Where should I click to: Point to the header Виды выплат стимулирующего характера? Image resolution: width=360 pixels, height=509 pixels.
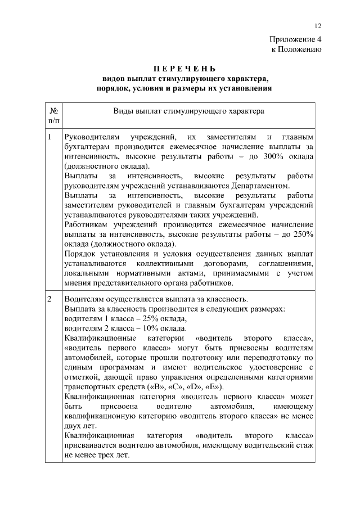[188, 111]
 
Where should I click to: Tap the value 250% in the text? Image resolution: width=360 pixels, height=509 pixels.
[302, 234]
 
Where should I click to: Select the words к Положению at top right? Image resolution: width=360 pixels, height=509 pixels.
[296, 50]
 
